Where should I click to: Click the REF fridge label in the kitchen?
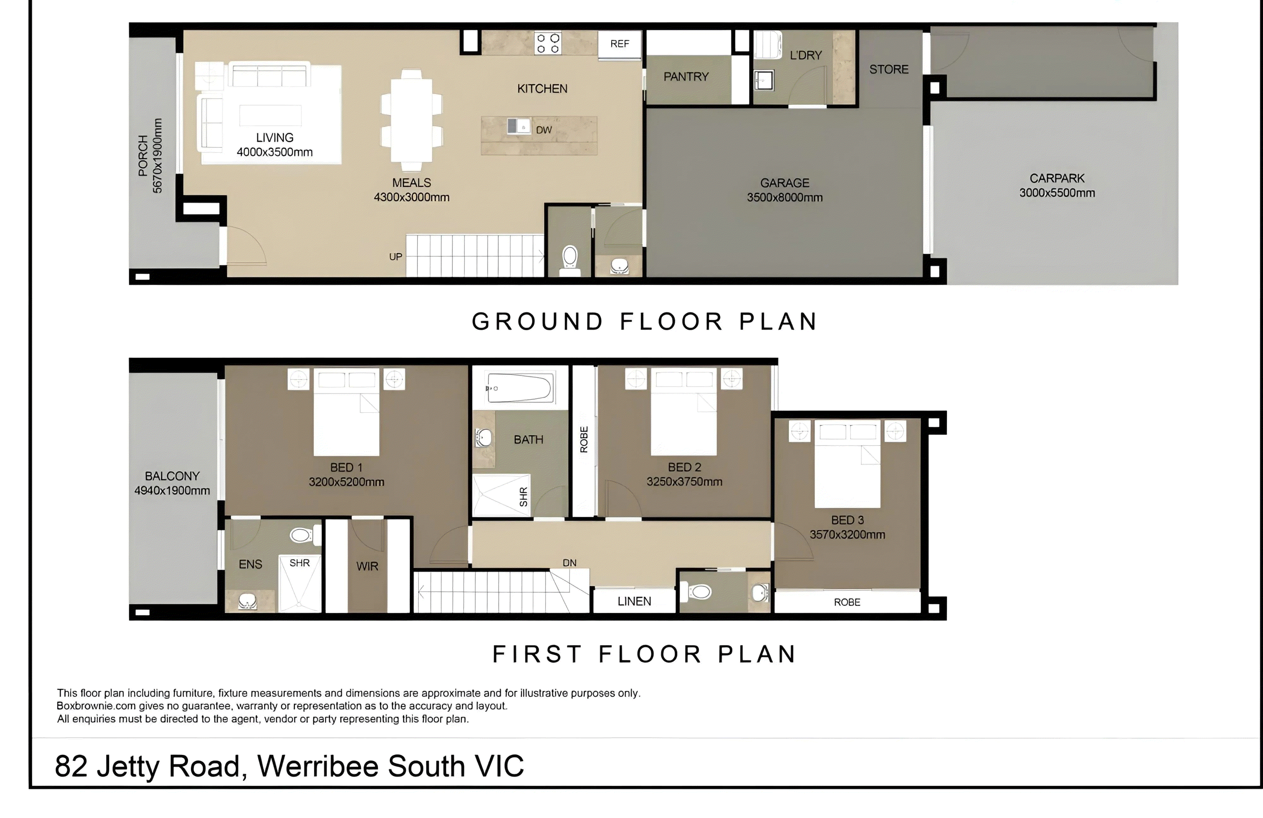pyautogui.click(x=619, y=44)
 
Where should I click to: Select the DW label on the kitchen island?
pyautogui.click(x=544, y=130)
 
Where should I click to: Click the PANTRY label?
pyautogui.click(x=686, y=77)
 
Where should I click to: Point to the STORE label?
pyautogui.click(x=889, y=70)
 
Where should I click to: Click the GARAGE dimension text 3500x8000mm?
pyautogui.click(x=785, y=197)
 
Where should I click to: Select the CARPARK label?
pyautogui.click(x=1057, y=179)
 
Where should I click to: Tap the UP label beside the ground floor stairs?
pyautogui.click(x=395, y=257)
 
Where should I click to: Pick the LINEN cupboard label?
pyautogui.click(x=634, y=602)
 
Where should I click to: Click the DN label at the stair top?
pyautogui.click(x=569, y=563)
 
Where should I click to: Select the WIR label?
pyautogui.click(x=367, y=567)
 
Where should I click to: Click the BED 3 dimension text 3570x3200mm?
pyautogui.click(x=847, y=535)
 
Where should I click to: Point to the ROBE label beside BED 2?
pyautogui.click(x=584, y=439)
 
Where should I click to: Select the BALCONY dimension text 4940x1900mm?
pyautogui.click(x=172, y=490)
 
